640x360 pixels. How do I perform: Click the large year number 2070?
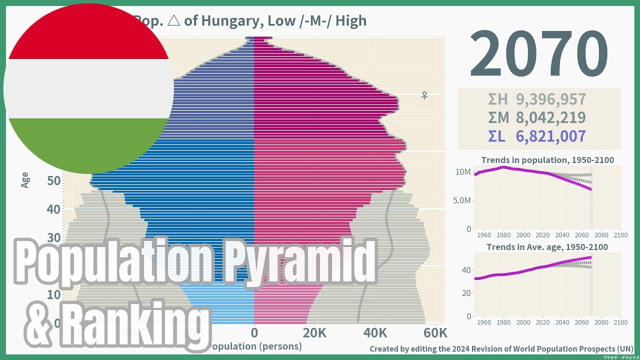tap(538, 54)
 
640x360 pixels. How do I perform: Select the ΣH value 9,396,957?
tap(550, 99)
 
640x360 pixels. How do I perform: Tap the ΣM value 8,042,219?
tap(550, 117)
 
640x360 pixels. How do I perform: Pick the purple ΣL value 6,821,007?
tap(550, 136)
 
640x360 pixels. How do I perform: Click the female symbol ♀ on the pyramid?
tap(424, 95)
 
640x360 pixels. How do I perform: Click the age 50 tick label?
tap(53, 180)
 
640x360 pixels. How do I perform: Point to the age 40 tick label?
tap(53, 209)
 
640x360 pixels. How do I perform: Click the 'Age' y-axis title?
tap(25, 180)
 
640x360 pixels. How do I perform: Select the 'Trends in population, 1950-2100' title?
tap(547, 160)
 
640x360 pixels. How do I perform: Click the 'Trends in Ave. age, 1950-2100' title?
tap(547, 247)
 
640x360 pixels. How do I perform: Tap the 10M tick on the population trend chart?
tap(463, 172)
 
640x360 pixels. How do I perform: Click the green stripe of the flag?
tap(89, 145)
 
